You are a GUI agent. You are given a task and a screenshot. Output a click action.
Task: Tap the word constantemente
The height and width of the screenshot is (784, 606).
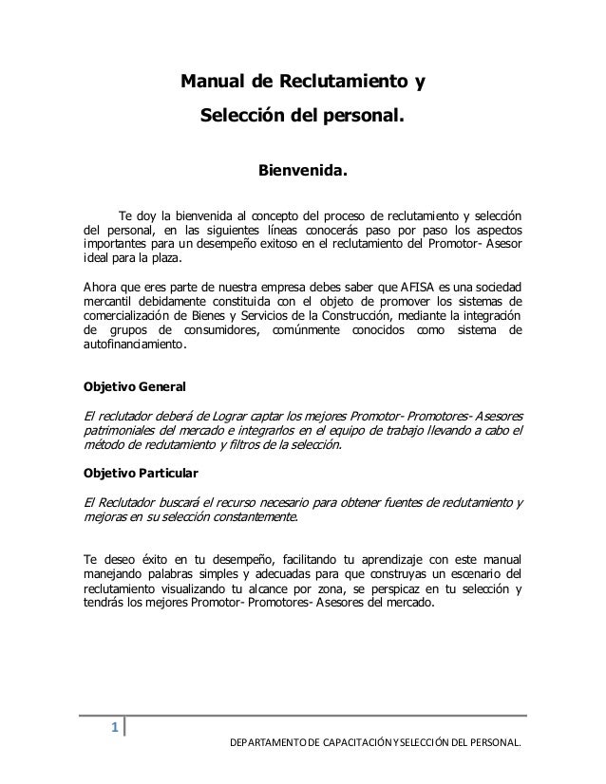pyautogui.click(x=248, y=518)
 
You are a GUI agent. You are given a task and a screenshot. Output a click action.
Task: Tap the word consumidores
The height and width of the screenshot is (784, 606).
pyautogui.click(x=223, y=329)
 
